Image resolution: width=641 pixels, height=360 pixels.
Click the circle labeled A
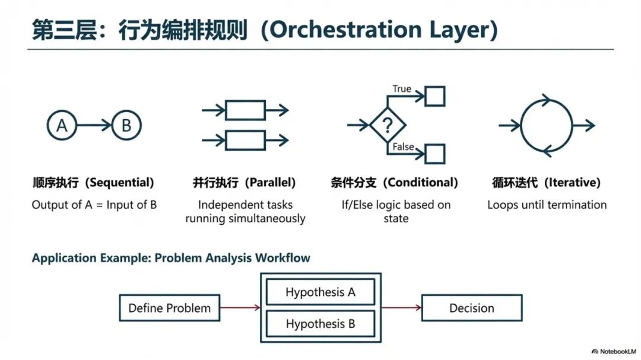click(x=62, y=125)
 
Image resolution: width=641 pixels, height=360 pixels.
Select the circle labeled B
click(x=126, y=125)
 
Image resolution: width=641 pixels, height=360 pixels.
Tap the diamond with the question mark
click(x=388, y=125)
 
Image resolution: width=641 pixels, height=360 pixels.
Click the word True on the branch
click(x=402, y=89)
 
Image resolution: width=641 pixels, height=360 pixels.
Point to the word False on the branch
click(x=403, y=146)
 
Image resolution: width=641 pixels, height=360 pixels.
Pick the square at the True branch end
click(x=435, y=95)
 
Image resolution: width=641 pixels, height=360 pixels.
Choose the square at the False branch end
click(x=435, y=154)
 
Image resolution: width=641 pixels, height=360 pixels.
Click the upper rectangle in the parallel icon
click(x=245, y=110)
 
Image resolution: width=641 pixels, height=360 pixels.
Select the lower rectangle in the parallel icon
click(x=245, y=141)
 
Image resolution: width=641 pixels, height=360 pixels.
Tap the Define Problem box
click(x=170, y=308)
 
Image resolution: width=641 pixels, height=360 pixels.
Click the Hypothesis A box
click(x=320, y=292)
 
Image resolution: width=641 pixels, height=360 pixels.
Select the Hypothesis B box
click(x=320, y=324)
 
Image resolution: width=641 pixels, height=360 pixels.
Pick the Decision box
click(x=472, y=308)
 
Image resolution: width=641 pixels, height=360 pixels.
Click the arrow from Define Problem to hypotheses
click(x=240, y=307)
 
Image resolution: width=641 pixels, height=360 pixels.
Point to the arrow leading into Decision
click(x=401, y=307)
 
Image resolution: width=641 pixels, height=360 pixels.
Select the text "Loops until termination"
click(x=547, y=205)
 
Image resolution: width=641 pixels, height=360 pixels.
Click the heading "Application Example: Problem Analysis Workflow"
click(x=171, y=258)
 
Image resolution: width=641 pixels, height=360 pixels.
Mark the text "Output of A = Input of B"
click(x=94, y=205)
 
